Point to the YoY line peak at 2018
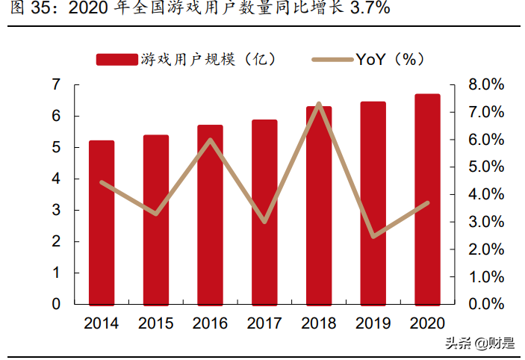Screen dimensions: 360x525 [x=319, y=104]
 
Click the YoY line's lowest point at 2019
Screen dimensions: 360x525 [x=373, y=237]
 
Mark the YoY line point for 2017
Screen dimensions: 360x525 [x=264, y=222]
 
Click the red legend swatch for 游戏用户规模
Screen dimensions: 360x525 [x=117, y=60]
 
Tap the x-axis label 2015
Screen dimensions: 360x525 [x=156, y=323]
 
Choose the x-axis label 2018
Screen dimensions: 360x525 [x=319, y=323]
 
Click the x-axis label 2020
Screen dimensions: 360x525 [x=427, y=323]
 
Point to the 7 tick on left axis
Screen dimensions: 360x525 [x=55, y=85]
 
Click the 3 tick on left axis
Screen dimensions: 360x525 [x=55, y=210]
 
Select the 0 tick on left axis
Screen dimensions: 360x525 [x=55, y=304]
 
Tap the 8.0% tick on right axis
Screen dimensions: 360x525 [x=486, y=85]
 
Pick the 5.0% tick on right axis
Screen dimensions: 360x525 [x=486, y=167]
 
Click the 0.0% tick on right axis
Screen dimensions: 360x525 [x=486, y=304]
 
